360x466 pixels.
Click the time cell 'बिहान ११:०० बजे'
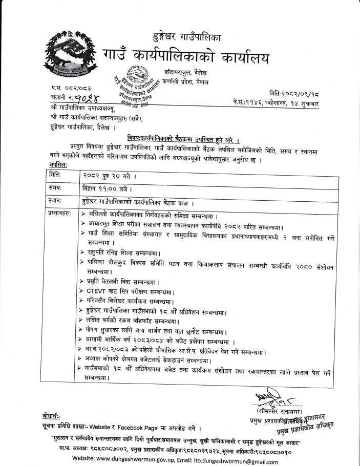pos(109,188)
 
